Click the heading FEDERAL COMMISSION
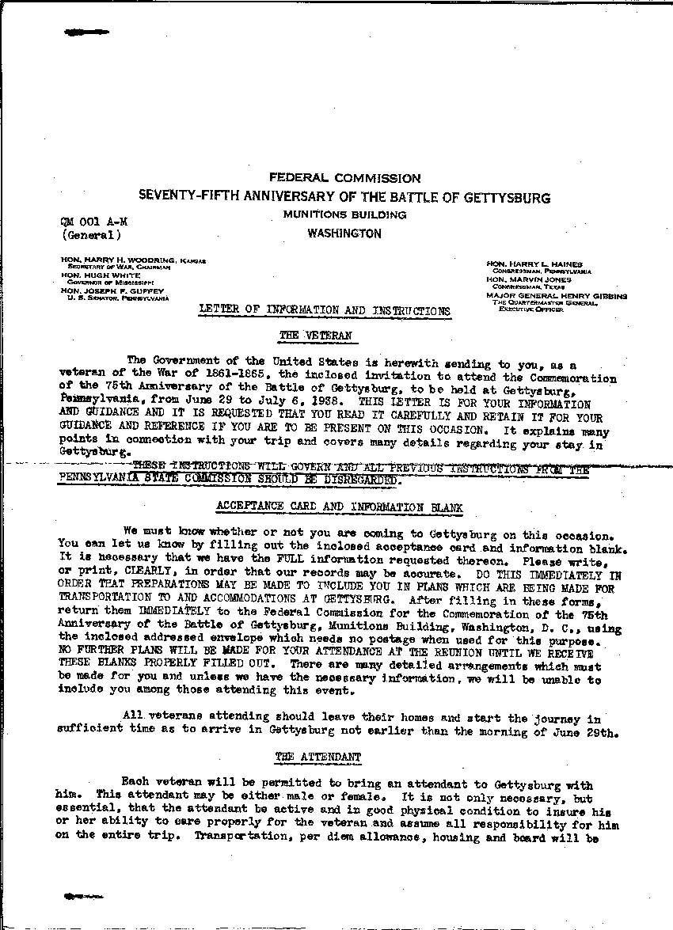(x=344, y=179)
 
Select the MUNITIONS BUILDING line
(x=344, y=214)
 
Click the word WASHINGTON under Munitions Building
(x=344, y=233)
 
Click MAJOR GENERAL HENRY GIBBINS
(x=557, y=295)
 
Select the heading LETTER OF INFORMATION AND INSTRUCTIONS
(x=324, y=310)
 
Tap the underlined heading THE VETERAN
(x=314, y=336)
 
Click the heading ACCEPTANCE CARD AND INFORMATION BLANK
(x=339, y=507)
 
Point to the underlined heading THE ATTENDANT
(x=317, y=757)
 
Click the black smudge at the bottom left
(x=85, y=896)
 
